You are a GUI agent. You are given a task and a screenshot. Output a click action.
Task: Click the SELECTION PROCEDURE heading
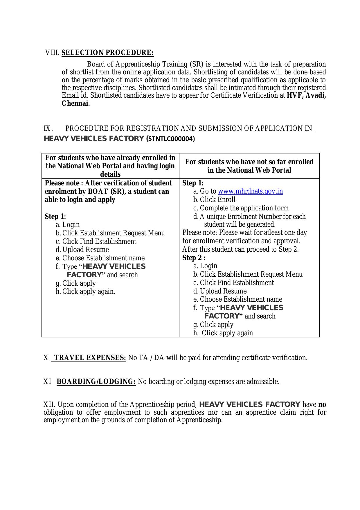click(107, 53)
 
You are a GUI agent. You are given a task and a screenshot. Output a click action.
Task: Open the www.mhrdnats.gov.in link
click(250, 191)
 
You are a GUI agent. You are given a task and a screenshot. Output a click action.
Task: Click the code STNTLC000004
click(171, 139)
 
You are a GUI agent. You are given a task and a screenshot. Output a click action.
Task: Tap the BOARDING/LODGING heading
click(96, 382)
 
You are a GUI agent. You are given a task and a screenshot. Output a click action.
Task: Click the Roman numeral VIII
click(52, 53)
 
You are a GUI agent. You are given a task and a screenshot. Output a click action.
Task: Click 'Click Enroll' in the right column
click(217, 200)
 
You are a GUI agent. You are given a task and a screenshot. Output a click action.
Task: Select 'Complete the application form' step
click(244, 208)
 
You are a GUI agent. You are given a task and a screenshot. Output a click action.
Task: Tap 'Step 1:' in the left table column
click(55, 216)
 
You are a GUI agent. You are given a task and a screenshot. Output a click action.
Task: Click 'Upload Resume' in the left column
click(85, 250)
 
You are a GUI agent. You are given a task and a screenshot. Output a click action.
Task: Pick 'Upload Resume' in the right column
click(223, 291)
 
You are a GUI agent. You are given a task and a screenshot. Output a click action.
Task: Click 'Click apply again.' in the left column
click(89, 291)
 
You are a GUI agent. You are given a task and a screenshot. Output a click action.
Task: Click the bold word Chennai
click(76, 103)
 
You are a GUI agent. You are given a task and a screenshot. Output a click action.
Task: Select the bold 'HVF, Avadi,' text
click(306, 96)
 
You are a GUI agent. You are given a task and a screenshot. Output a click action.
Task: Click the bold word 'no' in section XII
click(322, 405)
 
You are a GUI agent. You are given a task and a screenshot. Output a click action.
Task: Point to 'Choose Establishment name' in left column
click(103, 258)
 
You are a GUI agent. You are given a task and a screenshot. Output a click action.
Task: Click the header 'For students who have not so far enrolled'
click(249, 162)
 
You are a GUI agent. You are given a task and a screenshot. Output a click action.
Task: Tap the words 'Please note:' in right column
click(200, 233)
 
